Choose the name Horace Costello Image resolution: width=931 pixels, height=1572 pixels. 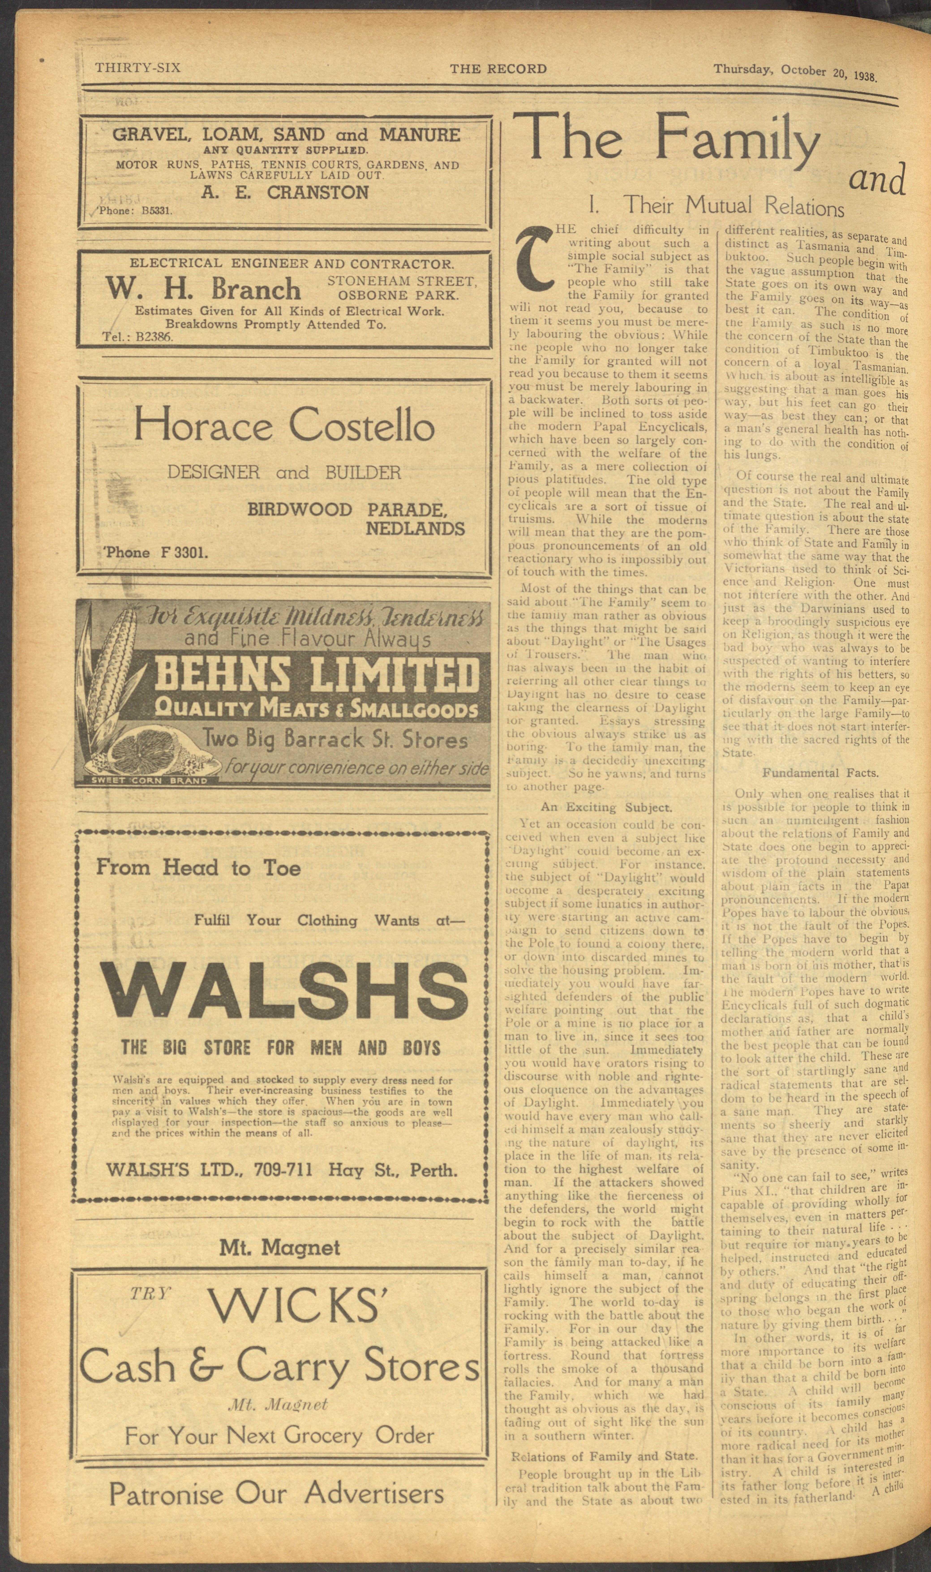coord(283,426)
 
